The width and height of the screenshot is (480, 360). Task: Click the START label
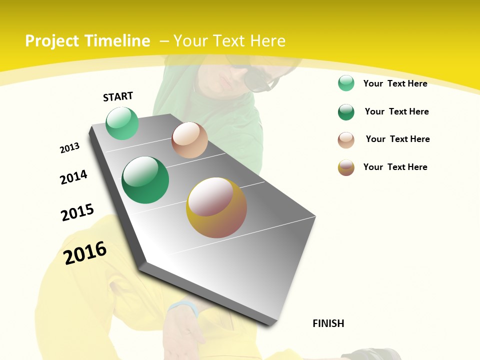pyautogui.click(x=118, y=96)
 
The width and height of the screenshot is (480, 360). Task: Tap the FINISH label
pyautogui.click(x=328, y=323)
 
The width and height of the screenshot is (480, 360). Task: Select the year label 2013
pyautogui.click(x=70, y=148)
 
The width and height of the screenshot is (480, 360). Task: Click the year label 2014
pyautogui.click(x=74, y=177)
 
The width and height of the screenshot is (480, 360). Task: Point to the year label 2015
pyautogui.click(x=77, y=212)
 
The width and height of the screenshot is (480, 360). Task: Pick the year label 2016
pyautogui.click(x=85, y=253)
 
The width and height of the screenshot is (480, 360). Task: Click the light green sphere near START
pyautogui.click(x=122, y=123)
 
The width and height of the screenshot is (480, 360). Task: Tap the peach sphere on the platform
pyautogui.click(x=189, y=140)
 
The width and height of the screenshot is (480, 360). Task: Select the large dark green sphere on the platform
pyautogui.click(x=145, y=180)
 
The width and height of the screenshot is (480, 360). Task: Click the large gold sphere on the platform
pyautogui.click(x=216, y=207)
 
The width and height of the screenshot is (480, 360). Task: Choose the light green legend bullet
pyautogui.click(x=346, y=83)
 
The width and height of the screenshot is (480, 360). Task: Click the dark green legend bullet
pyautogui.click(x=346, y=112)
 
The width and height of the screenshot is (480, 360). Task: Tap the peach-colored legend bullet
pyautogui.click(x=346, y=140)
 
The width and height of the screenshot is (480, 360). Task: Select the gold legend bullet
pyautogui.click(x=346, y=167)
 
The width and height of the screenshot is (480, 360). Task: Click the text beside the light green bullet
pyautogui.click(x=395, y=83)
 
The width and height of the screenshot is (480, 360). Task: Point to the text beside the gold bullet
pyautogui.click(x=395, y=167)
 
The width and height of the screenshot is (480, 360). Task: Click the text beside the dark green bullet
pyautogui.click(x=396, y=111)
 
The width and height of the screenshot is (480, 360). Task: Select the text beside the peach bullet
pyautogui.click(x=397, y=139)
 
